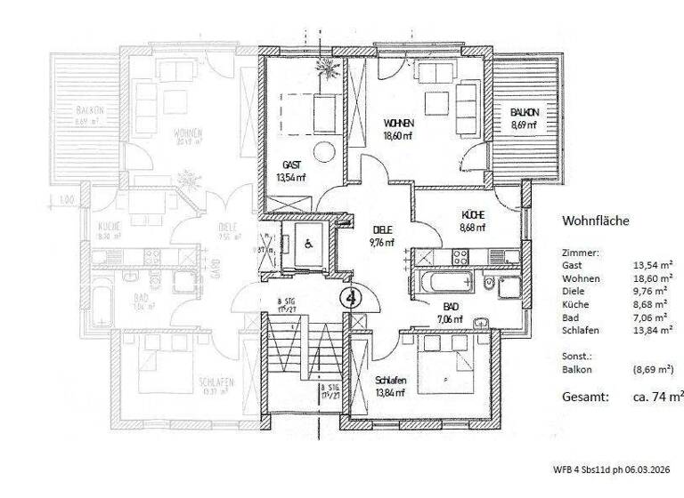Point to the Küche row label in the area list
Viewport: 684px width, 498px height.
[575, 303]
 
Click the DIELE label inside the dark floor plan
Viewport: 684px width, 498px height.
[383, 229]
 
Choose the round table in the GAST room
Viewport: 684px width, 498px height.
[321, 152]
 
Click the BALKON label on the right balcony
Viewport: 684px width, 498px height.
[524, 113]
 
